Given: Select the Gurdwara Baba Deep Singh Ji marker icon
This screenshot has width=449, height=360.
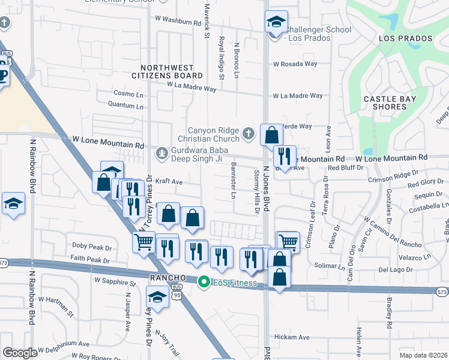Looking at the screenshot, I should tap(161, 154).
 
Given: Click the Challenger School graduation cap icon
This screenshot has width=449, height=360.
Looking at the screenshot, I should tap(276, 23).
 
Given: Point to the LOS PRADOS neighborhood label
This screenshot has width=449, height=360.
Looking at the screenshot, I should tap(405, 38).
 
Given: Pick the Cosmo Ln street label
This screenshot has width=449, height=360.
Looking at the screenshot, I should tap(129, 94).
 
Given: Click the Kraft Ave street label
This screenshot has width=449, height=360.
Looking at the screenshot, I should tap(168, 181).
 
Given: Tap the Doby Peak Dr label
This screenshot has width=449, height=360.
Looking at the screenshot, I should tap(92, 247).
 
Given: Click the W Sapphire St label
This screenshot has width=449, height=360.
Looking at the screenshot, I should tap(115, 281).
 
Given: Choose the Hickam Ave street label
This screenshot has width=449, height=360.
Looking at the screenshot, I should tap(291, 338).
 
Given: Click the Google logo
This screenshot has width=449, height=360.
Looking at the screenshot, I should tap(20, 353).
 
